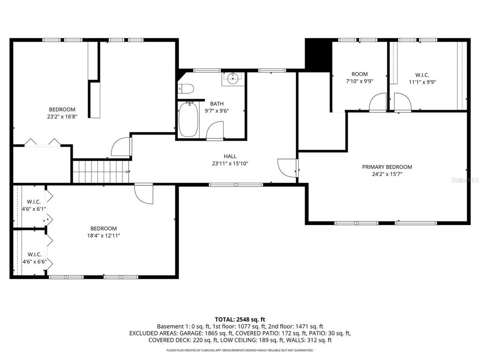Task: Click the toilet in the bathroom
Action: pyautogui.click(x=186, y=89)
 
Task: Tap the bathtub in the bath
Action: pyautogui.click(x=188, y=120)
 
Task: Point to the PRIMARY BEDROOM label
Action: pyautogui.click(x=387, y=167)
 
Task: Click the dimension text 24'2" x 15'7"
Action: pyautogui.click(x=387, y=174)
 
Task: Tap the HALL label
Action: pyautogui.click(x=230, y=157)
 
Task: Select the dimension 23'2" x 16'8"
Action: pyautogui.click(x=62, y=117)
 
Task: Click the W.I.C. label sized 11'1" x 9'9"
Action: pyautogui.click(x=422, y=75)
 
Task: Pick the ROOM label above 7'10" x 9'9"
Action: pyautogui.click(x=360, y=74)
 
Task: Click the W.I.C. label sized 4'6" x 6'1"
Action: pyautogui.click(x=34, y=202)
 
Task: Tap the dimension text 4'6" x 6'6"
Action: pyautogui.click(x=34, y=262)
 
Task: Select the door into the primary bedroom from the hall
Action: pyautogui.click(x=287, y=167)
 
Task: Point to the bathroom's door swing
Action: pyautogui.click(x=215, y=131)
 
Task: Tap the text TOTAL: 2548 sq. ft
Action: pyautogui.click(x=240, y=319)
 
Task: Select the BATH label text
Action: pyautogui.click(x=217, y=104)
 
